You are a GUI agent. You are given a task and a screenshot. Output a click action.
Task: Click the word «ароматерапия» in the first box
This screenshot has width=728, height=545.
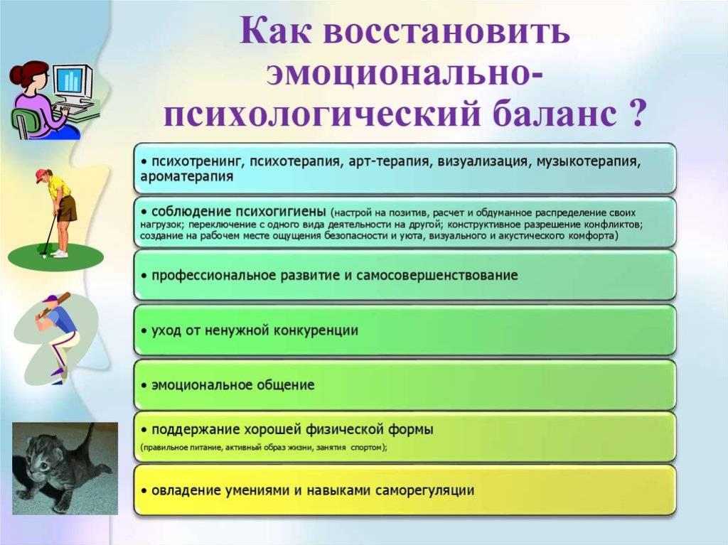(x=187, y=177)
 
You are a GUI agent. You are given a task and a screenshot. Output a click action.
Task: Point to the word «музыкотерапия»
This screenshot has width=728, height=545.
(x=589, y=161)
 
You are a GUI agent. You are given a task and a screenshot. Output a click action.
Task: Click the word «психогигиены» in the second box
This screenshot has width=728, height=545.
(x=280, y=212)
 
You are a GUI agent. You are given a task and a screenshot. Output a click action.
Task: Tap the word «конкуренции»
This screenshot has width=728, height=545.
(x=316, y=331)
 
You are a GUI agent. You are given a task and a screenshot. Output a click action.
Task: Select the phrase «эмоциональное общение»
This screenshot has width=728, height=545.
(x=233, y=385)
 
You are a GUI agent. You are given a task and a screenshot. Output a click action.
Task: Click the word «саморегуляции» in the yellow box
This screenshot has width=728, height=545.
(x=424, y=491)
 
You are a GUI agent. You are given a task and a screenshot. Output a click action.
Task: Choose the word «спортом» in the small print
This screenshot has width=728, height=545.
(x=369, y=448)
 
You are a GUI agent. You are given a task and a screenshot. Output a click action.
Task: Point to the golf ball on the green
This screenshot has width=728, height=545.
(x=44, y=254)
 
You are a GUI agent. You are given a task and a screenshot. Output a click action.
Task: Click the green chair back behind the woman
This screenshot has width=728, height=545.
(x=19, y=122)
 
